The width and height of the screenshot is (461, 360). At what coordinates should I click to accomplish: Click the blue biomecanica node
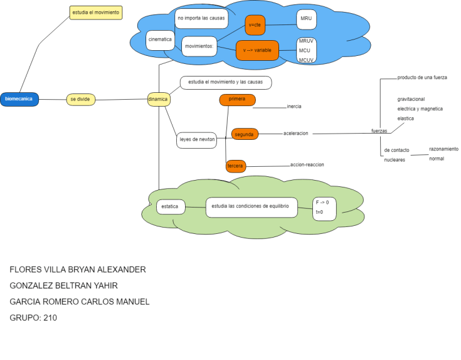19,99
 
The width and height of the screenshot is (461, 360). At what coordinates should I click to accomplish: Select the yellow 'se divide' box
80,99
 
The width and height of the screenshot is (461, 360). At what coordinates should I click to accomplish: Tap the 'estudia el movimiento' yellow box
95,13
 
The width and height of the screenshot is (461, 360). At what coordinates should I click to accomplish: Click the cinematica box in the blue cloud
160,40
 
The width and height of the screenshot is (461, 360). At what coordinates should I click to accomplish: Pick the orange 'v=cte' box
255,24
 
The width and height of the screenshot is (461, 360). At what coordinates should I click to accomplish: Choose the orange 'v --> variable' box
257,50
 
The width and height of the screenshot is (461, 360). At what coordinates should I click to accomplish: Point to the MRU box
306,19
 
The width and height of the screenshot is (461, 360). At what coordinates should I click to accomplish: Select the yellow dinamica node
158,99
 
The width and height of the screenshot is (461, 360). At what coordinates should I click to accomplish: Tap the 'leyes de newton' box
197,139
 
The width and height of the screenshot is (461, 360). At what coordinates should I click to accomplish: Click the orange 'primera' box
237,99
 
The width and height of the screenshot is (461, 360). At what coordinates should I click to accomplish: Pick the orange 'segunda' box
244,134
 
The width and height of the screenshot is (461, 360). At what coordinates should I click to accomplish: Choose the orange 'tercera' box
235,166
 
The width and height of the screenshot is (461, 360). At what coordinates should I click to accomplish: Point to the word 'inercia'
294,107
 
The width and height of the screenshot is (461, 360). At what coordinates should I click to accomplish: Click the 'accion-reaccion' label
307,165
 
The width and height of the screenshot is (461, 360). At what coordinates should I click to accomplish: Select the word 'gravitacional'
411,99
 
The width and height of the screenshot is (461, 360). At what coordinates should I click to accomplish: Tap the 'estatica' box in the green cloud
170,206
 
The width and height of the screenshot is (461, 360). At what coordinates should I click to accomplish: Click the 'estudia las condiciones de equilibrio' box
251,206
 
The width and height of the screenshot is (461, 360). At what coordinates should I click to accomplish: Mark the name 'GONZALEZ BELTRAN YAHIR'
68,285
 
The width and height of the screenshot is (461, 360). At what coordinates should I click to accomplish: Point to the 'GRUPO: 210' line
33,317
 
